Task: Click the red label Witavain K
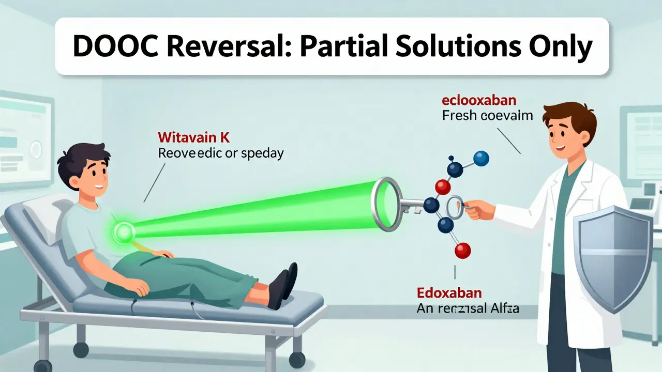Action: (193, 138)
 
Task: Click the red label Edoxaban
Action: (449, 293)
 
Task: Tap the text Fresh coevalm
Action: (487, 116)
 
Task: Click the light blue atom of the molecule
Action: (481, 158)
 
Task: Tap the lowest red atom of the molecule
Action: (462, 251)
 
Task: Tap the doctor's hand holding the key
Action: (478, 210)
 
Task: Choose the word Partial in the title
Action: (362, 48)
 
